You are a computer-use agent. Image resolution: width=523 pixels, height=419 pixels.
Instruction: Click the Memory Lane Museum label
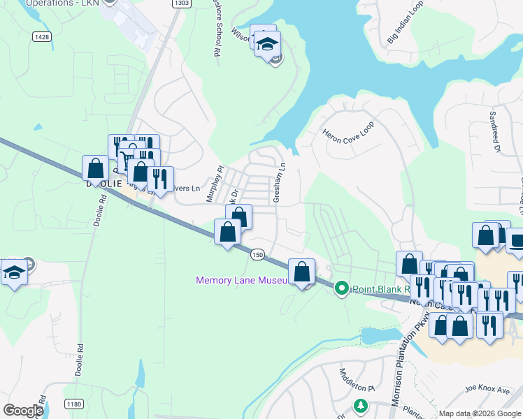click(x=241, y=280)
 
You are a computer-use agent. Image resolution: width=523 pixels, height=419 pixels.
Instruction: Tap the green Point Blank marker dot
click(x=341, y=288)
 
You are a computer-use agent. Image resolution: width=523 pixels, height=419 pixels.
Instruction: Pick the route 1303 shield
click(x=180, y=3)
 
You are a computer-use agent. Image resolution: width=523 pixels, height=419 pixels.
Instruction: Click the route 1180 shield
click(x=73, y=404)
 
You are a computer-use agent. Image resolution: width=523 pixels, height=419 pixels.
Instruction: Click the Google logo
click(x=23, y=411)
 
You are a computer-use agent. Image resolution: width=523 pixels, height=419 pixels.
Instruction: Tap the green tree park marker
click(x=360, y=405)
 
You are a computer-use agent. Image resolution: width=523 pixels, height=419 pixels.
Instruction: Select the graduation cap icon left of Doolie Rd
click(x=13, y=271)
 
